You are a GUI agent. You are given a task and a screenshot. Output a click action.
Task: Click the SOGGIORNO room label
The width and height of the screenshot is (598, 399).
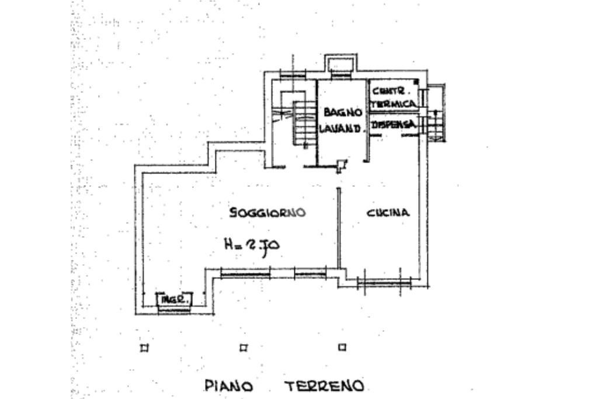(x=267, y=213)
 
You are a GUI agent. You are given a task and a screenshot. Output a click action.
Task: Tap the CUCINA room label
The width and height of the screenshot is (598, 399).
(x=388, y=213)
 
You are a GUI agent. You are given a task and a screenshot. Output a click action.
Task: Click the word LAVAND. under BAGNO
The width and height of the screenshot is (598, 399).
(x=342, y=129)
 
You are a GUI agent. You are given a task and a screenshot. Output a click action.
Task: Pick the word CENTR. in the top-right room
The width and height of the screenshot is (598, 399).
(x=391, y=92)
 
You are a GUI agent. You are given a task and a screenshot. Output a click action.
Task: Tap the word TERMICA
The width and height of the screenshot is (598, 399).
(x=395, y=103)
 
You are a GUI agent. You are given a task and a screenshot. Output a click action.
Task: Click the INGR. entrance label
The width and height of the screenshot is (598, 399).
(x=175, y=300)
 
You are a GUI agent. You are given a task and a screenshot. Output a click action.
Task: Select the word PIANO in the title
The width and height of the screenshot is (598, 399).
(x=228, y=386)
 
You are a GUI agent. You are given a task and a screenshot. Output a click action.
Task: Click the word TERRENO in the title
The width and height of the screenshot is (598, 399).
(x=324, y=386)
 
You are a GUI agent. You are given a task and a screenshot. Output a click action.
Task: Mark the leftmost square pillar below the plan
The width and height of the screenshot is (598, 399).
(x=144, y=348)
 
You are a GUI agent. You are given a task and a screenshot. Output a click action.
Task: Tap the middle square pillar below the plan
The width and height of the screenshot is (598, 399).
(x=244, y=348)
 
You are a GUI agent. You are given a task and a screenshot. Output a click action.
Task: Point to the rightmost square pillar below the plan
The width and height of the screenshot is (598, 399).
(x=342, y=347)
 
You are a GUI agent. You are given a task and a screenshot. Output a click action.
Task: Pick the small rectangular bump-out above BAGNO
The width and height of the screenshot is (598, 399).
(x=339, y=65)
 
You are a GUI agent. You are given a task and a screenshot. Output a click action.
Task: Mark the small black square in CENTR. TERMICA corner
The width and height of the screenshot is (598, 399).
(x=416, y=82)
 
